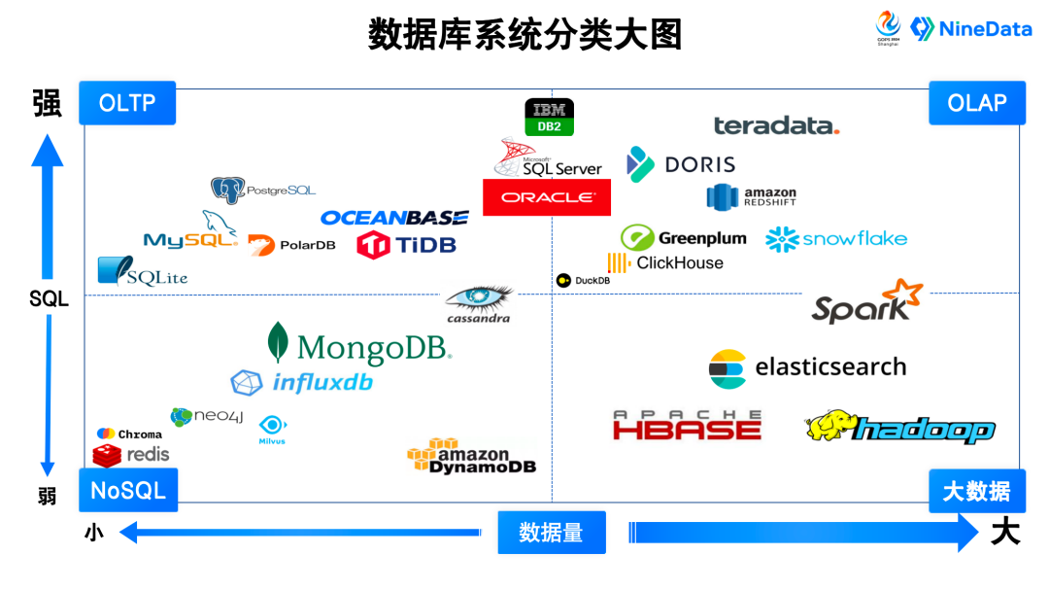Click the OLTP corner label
click(127, 103)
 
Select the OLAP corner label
click(976, 103)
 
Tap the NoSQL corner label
click(127, 490)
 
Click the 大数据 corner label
click(976, 491)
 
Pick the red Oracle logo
click(547, 197)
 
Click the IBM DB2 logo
click(549, 117)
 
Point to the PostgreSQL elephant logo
click(227, 190)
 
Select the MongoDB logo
click(359, 345)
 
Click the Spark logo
click(866, 302)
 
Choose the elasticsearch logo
click(807, 367)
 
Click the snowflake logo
click(836, 239)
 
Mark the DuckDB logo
click(583, 281)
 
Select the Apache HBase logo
click(687, 426)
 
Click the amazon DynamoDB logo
click(471, 456)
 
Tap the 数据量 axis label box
click(551, 533)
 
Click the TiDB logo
click(406, 244)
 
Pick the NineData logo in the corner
click(971, 29)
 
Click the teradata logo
click(776, 125)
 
